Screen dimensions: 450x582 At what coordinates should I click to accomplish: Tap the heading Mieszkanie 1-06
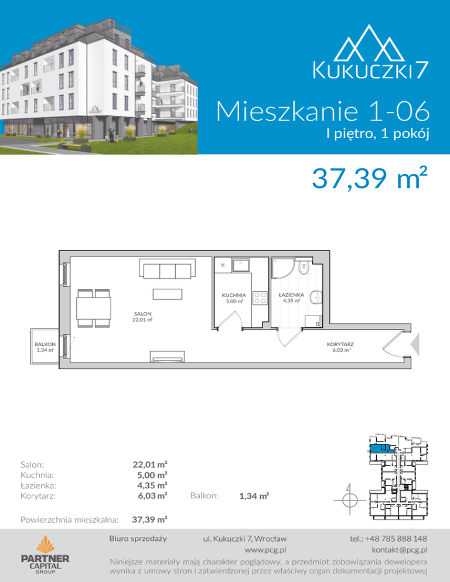(322, 111)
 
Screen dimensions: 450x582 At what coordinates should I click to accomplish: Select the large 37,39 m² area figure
(369, 178)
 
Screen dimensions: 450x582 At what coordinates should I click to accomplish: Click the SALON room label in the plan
(143, 314)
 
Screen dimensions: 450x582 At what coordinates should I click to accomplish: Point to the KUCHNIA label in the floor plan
(234, 295)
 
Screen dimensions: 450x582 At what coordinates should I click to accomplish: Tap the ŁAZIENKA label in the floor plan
(291, 295)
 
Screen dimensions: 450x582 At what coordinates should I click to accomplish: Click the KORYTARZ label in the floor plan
(340, 344)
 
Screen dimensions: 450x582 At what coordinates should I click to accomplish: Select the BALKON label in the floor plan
(45, 344)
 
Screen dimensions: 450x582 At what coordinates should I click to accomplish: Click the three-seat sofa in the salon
(168, 269)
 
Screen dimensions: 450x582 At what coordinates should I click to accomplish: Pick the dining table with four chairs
(94, 309)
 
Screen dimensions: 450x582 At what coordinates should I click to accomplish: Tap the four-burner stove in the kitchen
(260, 297)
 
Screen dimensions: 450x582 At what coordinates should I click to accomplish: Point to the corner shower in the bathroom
(283, 268)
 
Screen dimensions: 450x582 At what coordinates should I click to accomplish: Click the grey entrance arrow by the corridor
(415, 344)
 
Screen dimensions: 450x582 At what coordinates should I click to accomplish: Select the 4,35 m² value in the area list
(152, 485)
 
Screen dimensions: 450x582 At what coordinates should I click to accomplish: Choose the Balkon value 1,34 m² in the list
(254, 495)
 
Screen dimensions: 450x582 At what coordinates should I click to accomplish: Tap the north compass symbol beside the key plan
(349, 499)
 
